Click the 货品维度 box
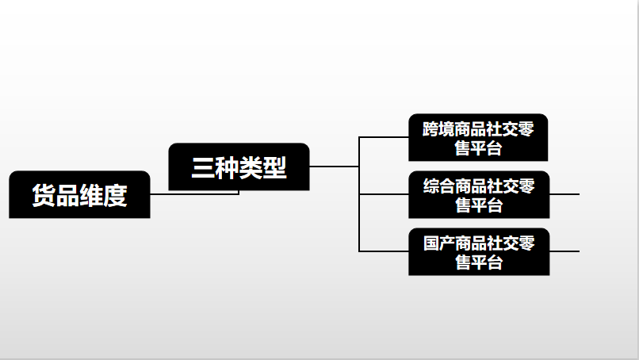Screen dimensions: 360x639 (79, 195)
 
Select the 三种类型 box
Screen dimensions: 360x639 (239, 167)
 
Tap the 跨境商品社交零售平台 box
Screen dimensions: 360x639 (478, 137)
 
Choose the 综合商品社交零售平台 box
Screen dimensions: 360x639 (478, 195)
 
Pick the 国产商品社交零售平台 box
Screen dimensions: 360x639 (478, 252)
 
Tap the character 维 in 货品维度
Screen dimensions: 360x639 (92, 196)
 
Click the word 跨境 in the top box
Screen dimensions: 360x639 (438, 128)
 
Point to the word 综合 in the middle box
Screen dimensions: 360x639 (438, 186)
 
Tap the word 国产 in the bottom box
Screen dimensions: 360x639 (438, 243)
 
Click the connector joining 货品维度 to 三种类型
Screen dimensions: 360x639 (194, 193)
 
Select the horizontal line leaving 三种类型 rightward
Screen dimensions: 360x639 (333, 167)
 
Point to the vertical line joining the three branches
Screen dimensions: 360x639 (359, 222)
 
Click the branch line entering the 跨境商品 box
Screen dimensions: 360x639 (384, 137)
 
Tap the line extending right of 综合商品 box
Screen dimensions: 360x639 (564, 193)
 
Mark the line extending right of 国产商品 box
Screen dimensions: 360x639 (564, 251)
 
